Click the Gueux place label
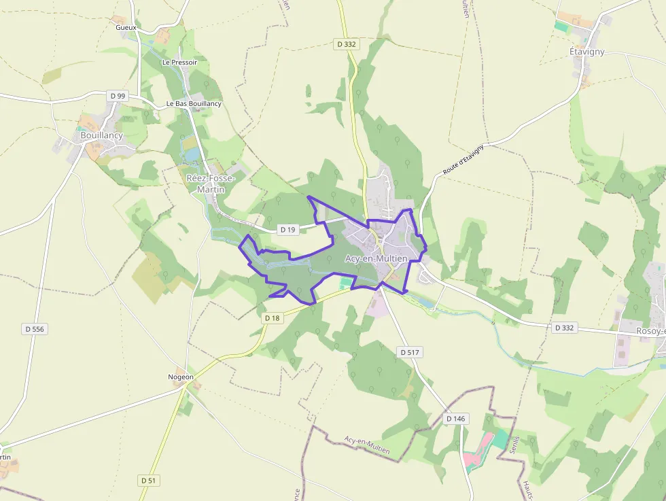click(126, 27)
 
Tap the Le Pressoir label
click(179, 62)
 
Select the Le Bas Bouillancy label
click(194, 103)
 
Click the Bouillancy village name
click(101, 135)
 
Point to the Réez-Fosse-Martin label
click(210, 184)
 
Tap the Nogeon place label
click(181, 377)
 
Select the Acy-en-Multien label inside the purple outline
click(376, 258)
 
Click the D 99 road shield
click(118, 96)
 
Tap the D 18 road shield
click(272, 317)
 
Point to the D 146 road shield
click(456, 419)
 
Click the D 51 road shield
click(149, 480)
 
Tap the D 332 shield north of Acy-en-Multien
click(346, 44)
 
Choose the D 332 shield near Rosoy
click(564, 328)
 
